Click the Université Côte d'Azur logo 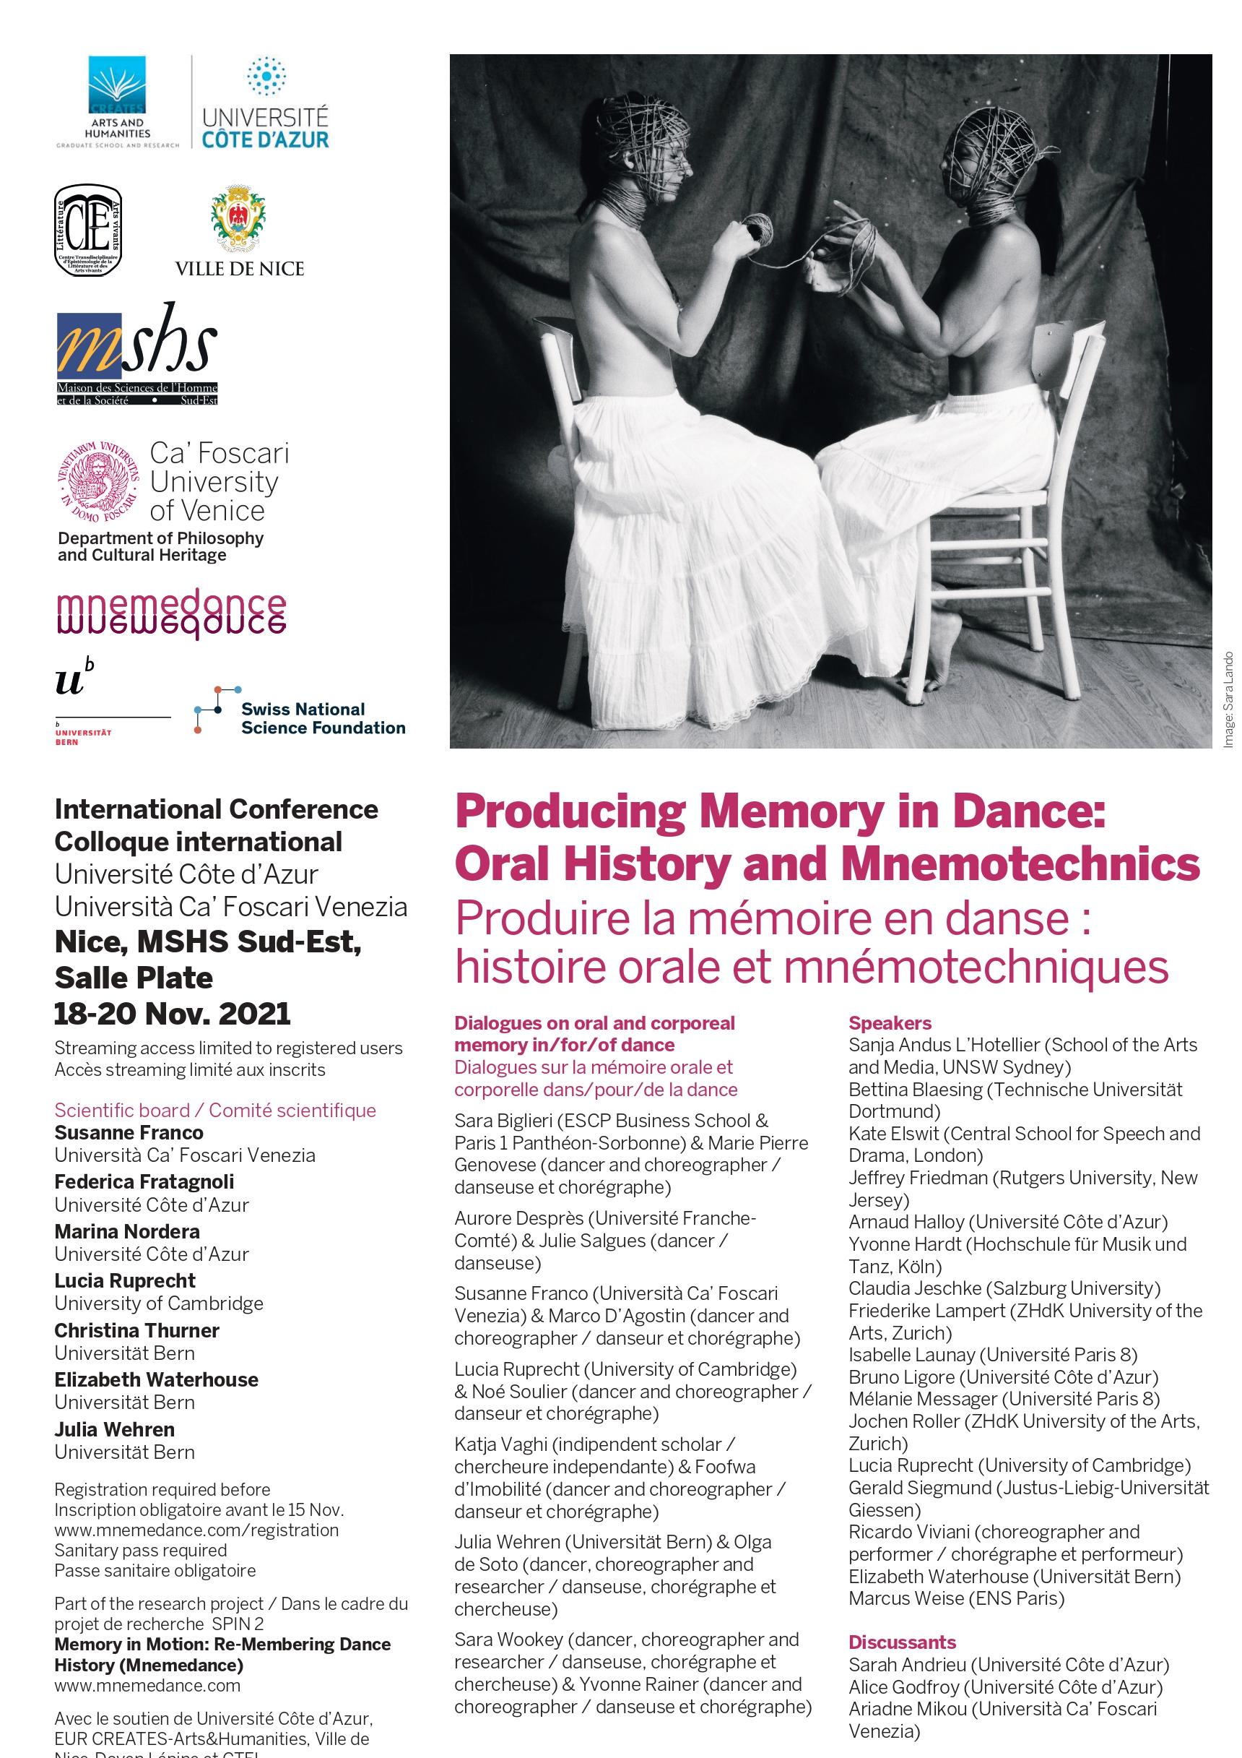click(265, 103)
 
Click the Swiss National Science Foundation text click(322, 718)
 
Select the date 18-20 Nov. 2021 click(172, 1014)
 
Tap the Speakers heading click(889, 1023)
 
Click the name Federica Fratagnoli click(144, 1181)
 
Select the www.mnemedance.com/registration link click(196, 1530)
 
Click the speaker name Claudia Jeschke click(914, 1288)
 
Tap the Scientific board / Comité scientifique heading click(215, 1111)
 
